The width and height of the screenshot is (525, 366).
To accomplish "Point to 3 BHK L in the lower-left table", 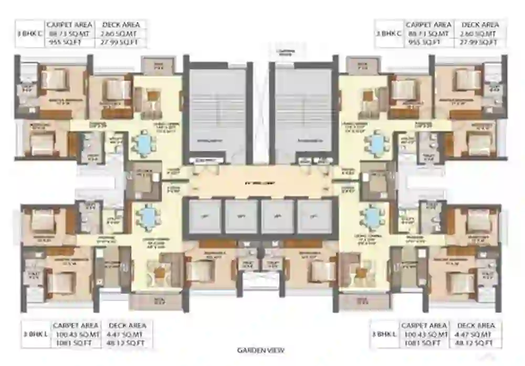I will [33, 334].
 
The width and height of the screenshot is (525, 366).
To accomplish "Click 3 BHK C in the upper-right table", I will [387, 34].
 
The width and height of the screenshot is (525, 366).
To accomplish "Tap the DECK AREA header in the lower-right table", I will [476, 326].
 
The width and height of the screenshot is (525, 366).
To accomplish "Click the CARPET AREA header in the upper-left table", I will [70, 25].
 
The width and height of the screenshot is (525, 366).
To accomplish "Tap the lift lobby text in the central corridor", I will [261, 183].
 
